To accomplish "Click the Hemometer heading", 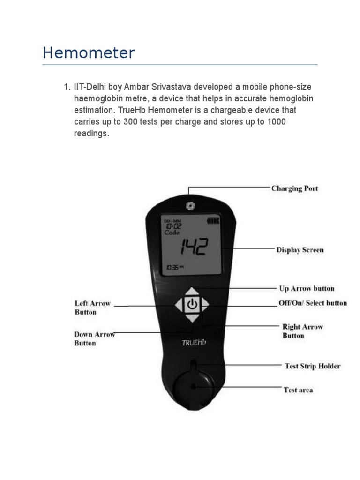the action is click(89, 52).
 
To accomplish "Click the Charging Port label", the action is click(294, 188).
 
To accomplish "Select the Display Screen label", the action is click(300, 250).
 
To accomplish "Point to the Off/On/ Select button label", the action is click(313, 303).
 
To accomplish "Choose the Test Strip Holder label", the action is click(313, 366).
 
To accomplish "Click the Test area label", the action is click(299, 390).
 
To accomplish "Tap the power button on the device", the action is click(191, 305).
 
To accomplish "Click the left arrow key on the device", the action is click(178, 305).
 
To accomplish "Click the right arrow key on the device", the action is click(204, 305).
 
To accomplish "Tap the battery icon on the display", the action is click(213, 220).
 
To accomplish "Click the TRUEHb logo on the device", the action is click(194, 342).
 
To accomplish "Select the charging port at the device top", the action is click(189, 205).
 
